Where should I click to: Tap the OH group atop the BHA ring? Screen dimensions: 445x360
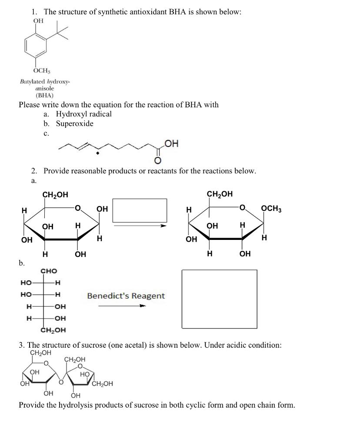(38, 20)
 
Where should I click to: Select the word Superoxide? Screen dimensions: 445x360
(74, 124)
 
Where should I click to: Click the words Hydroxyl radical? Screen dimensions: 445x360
(83, 114)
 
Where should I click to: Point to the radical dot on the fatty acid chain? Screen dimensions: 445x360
(98, 153)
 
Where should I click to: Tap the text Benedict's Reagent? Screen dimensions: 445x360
(126, 296)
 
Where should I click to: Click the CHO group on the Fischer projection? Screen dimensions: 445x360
(49, 271)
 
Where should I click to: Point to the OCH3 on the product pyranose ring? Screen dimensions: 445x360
(271, 209)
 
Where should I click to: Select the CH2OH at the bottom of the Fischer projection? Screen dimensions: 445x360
(53, 330)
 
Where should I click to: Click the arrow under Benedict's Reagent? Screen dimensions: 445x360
(122, 306)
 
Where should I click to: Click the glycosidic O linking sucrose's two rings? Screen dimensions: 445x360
(61, 382)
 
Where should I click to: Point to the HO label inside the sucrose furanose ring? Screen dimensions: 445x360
(84, 374)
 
